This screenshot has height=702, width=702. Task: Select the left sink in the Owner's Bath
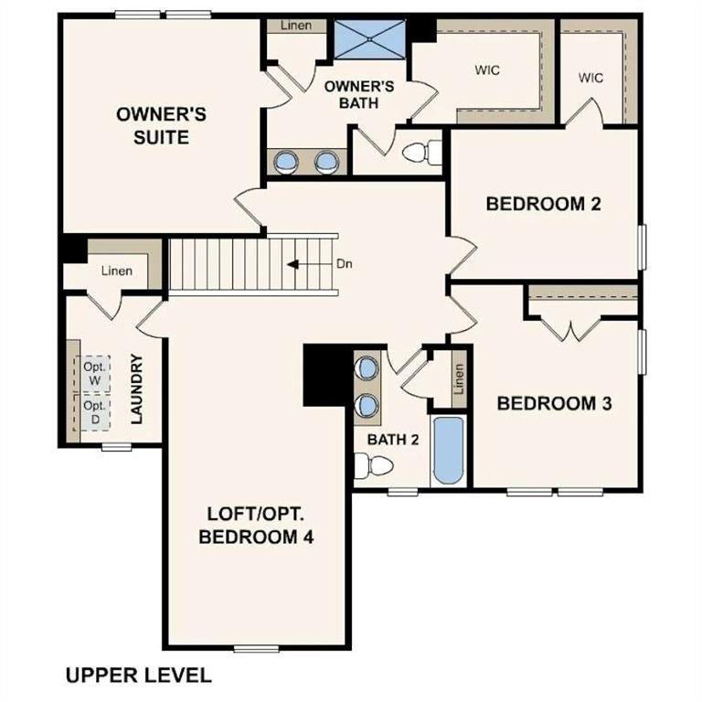(287, 163)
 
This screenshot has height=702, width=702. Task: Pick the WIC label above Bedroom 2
(591, 78)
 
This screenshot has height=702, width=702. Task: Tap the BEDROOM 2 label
(543, 203)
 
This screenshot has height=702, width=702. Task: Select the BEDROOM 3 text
(553, 402)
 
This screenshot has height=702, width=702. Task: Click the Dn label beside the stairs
(345, 264)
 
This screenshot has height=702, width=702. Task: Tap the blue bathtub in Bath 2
(448, 451)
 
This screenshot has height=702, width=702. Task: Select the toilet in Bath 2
(375, 466)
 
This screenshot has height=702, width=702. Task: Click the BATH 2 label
(392, 439)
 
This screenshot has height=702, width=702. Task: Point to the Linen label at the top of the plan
(295, 25)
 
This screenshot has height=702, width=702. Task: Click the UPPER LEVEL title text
(138, 675)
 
